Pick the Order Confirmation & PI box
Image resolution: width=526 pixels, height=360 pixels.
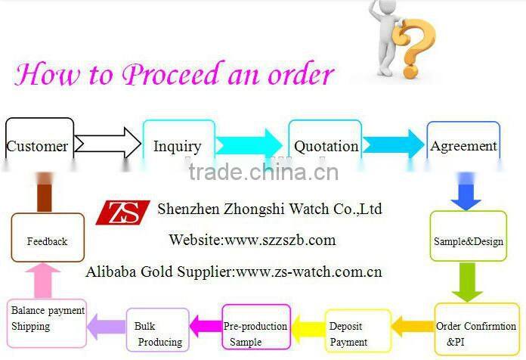477,332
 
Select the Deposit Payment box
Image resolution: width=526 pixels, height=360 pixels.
357,333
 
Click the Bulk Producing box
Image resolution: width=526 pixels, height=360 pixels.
157,332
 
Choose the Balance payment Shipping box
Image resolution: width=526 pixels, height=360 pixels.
47,318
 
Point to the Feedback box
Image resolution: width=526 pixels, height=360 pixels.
47,240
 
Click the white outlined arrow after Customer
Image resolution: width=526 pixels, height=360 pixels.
107,143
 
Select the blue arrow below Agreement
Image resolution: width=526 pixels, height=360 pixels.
466,194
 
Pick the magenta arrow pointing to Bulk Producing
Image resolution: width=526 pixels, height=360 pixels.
204,326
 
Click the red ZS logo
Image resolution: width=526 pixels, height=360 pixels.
122,212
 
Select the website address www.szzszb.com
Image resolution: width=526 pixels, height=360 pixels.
279,240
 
